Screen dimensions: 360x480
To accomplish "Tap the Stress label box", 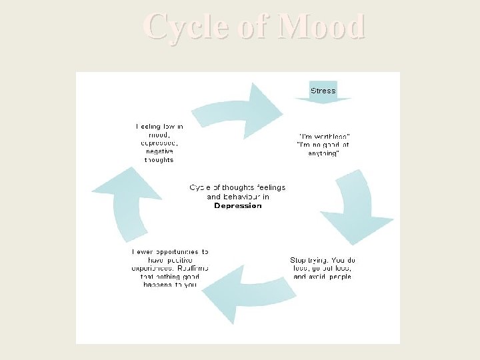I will pos(323,91).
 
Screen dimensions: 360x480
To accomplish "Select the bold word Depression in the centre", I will pos(238,206).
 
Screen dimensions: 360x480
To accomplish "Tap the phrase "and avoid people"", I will pos(322,276).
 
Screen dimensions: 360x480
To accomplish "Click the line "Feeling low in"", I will pos(159,126).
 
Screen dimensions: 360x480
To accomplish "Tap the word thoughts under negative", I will pos(159,160).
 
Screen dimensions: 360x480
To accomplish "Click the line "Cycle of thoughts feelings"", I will pos(238,188).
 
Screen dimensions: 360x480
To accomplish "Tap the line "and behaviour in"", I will pos(238,197).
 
